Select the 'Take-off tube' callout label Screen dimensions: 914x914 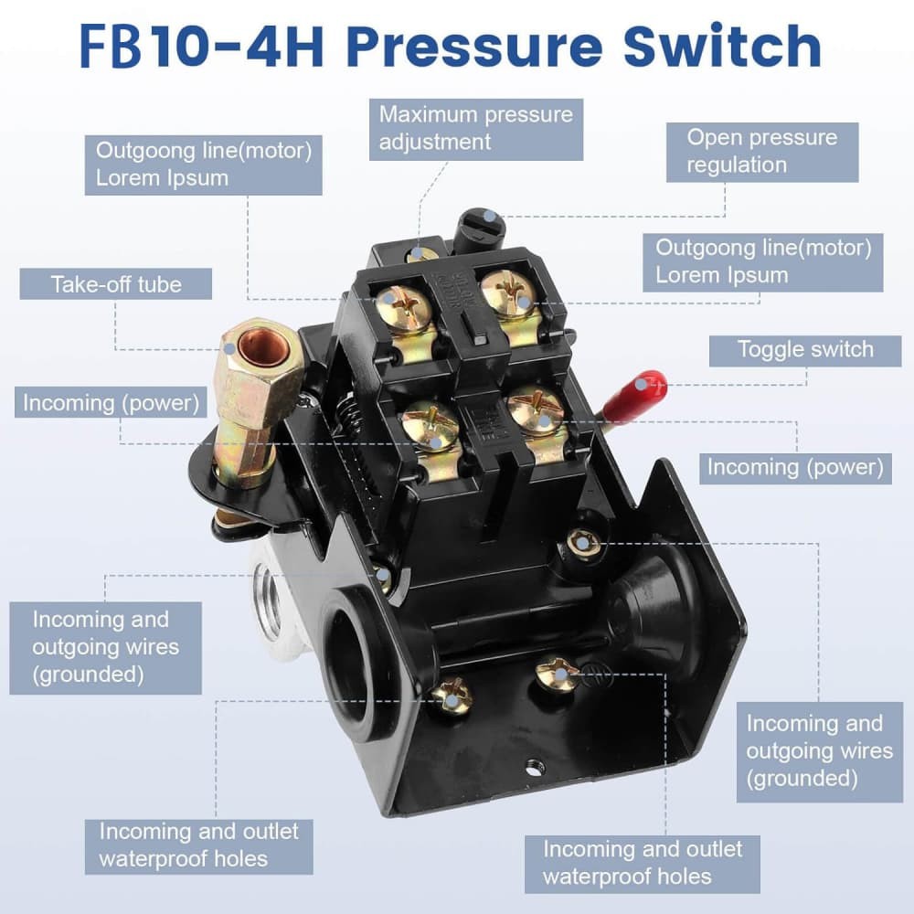[116, 284]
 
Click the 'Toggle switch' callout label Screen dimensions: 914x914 [805, 349]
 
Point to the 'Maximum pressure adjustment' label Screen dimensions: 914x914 [476, 128]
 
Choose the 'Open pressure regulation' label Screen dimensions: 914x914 [760, 151]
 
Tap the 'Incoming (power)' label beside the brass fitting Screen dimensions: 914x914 [110, 402]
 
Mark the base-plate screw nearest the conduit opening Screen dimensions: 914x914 [451, 696]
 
